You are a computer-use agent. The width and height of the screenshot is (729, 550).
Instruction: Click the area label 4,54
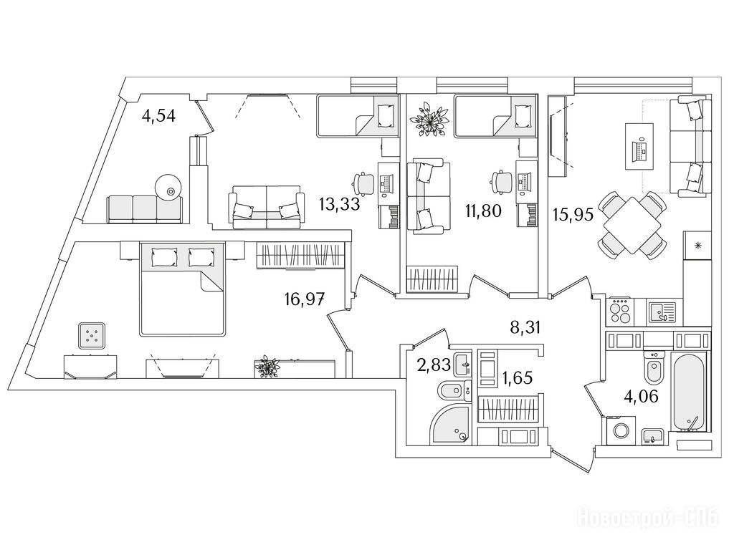158,116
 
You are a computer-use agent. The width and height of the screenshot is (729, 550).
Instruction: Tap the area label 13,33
339,203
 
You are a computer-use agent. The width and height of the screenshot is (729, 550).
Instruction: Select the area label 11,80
484,212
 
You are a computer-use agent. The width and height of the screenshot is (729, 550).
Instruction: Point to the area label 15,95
573,215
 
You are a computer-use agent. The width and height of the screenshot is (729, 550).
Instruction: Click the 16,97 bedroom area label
305,299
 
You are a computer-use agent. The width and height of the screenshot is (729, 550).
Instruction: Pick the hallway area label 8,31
525,328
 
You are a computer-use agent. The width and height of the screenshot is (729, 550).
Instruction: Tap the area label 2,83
434,365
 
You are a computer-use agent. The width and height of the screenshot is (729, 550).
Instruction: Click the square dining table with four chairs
632,225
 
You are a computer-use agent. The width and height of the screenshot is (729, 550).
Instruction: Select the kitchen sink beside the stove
660,312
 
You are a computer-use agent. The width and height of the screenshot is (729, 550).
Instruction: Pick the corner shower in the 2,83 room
450,426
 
